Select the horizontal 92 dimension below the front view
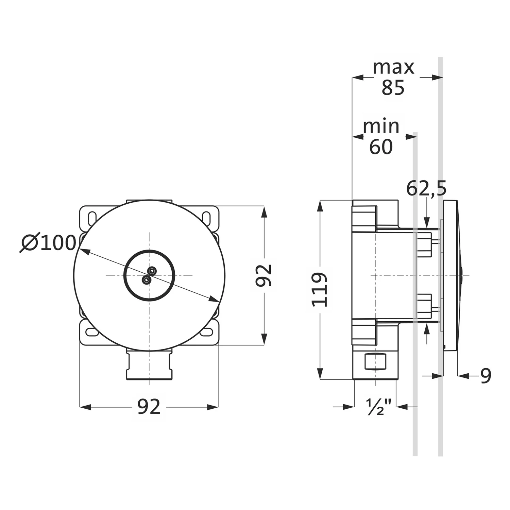149,407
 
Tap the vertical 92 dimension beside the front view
264,275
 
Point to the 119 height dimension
320,289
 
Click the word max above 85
393,67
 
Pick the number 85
393,88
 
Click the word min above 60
381,126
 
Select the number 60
381,147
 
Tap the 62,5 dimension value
426,189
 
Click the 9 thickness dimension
486,376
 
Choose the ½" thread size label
379,407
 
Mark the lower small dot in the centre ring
146,280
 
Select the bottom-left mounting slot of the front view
91,332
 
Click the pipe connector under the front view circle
149,365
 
